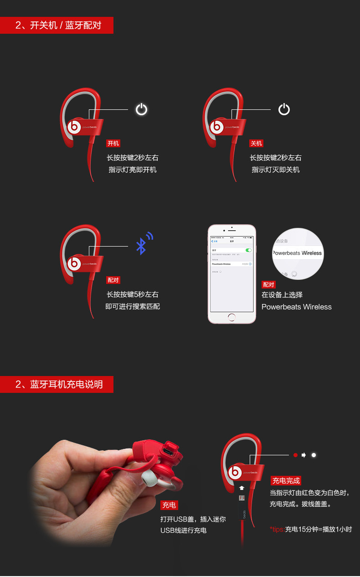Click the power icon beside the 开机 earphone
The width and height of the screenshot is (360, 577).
coord(141,109)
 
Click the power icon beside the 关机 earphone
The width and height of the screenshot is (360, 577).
coord(284,109)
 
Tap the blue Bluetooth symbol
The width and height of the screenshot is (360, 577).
coord(142,246)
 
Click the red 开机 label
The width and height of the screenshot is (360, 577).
coord(113,143)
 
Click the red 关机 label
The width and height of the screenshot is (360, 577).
coord(256,143)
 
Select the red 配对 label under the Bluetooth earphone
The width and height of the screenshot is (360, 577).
coord(113,280)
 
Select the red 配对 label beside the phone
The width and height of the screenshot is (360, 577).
coord(269,284)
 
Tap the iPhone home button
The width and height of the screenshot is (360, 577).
coord(232,317)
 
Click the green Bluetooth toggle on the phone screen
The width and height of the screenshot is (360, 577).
coord(248,250)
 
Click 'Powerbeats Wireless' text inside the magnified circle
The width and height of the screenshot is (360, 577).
coord(297,253)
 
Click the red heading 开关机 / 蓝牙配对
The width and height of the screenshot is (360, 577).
coord(57,25)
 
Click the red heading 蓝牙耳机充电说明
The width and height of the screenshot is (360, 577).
coord(57,384)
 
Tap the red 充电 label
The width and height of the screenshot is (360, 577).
coord(169,505)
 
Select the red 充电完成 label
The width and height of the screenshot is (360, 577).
coord(286,480)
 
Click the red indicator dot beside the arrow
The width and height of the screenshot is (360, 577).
coord(295,455)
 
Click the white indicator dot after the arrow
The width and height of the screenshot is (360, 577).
coord(314,455)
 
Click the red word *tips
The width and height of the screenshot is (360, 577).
coord(277,529)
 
